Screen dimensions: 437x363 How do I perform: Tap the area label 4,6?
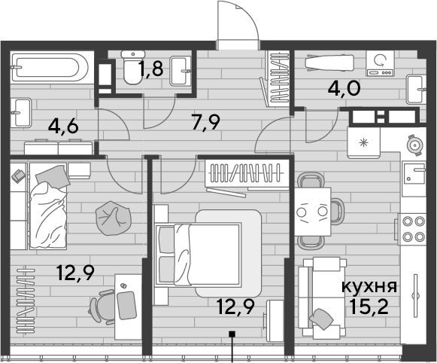coord(63,127)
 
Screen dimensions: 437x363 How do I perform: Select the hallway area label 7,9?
coord(207,122)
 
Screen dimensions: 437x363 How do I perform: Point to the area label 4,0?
coord(344,88)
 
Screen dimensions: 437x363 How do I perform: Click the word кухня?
coord(369,288)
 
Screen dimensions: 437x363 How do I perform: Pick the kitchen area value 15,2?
coord(369,307)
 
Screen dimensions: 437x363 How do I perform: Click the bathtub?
coord(50,67)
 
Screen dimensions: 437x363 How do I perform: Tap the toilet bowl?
coord(133,67)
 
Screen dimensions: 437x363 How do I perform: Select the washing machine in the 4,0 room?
coord(380,63)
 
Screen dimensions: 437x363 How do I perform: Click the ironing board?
coord(329,63)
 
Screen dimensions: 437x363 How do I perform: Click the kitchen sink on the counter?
coord(414,173)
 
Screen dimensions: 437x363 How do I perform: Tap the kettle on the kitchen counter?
coord(415,145)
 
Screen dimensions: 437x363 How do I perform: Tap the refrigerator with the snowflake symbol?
coord(364,143)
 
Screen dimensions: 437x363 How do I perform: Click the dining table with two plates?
coord(313,212)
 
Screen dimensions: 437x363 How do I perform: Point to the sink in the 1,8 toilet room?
coord(181,71)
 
